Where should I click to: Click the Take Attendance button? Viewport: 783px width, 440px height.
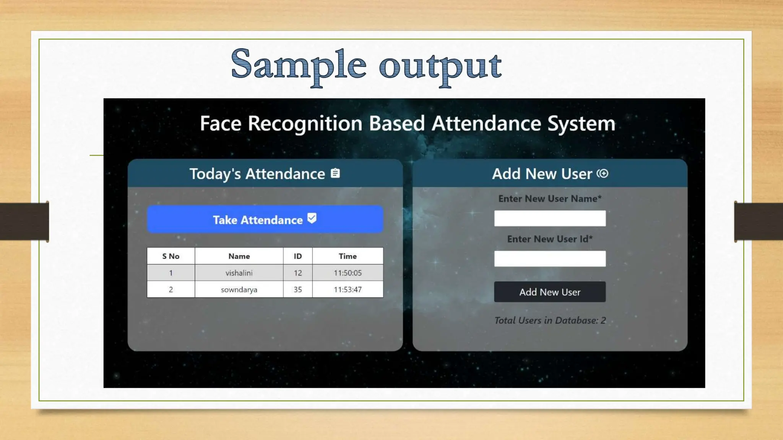[x=265, y=219]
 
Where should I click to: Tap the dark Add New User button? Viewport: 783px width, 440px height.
[x=549, y=292]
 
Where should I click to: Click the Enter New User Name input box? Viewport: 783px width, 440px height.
[x=549, y=218]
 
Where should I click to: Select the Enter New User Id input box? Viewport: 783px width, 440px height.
[x=549, y=259]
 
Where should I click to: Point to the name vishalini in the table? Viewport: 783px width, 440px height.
[x=239, y=273]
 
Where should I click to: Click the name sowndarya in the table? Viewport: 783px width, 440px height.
[x=239, y=290]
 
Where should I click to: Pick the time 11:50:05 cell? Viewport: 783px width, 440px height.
[x=348, y=273]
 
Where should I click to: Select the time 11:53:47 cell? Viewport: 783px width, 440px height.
[x=348, y=290]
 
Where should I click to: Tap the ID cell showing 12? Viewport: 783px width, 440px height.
[x=297, y=273]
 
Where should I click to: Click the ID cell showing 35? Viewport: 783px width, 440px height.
[x=297, y=290]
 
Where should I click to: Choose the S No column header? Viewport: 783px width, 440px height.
[x=171, y=256]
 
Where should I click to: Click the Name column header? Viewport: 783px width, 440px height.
[x=239, y=256]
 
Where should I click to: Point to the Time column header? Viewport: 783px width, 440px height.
[x=348, y=256]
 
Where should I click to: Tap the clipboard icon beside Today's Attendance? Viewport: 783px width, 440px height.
[x=335, y=173]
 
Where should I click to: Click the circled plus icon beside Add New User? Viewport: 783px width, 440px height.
[x=603, y=173]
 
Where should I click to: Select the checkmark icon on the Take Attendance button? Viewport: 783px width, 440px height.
[x=312, y=218]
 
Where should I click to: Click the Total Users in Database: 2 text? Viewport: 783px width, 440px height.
[x=550, y=320]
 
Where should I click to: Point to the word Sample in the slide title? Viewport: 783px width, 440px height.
[x=298, y=65]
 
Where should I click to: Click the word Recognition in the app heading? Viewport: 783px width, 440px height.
[x=305, y=124]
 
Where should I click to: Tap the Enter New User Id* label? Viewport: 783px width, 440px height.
[x=549, y=239]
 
